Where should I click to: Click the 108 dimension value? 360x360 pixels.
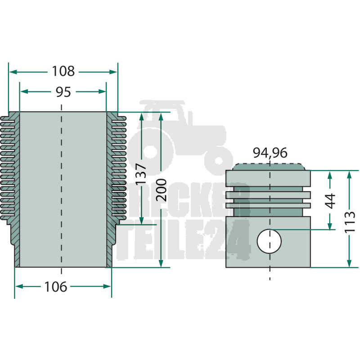click(63, 71)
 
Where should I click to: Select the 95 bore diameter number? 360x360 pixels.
click(63, 92)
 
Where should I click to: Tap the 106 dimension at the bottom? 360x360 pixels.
click(55, 287)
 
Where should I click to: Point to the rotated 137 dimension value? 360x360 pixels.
click(141, 174)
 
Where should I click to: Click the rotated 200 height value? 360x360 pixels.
click(161, 190)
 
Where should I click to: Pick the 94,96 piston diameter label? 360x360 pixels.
click(270, 153)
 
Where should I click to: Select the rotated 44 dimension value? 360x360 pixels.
click(331, 201)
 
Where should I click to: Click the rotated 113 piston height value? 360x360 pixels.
click(350, 222)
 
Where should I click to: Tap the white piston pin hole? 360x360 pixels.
click(269, 241)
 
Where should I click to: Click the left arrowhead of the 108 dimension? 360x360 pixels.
click(13, 72)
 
